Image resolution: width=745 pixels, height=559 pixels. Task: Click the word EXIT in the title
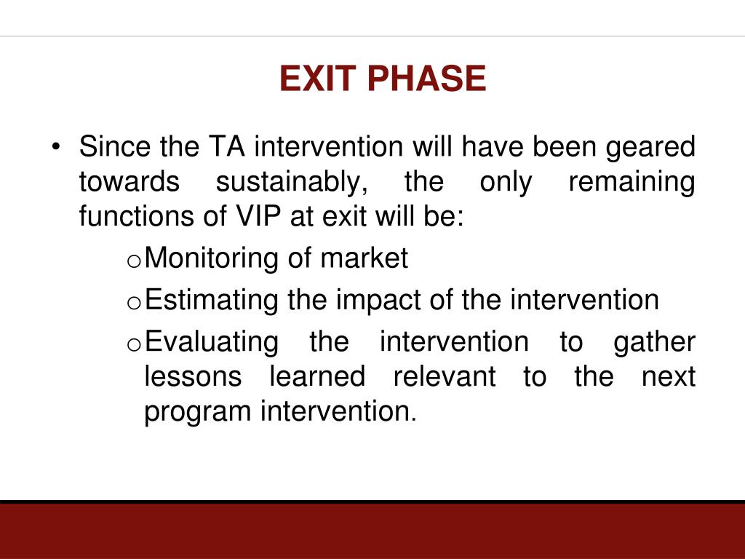pos(317,78)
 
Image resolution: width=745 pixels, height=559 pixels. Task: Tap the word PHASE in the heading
pos(426,78)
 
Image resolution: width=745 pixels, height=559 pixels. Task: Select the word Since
pos(115,146)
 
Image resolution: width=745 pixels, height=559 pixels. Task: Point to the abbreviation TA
pos(227,146)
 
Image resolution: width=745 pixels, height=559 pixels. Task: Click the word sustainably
pos(292,181)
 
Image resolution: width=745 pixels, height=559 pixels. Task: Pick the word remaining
pos(632,181)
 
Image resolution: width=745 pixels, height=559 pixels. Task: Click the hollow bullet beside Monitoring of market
pos(134,261)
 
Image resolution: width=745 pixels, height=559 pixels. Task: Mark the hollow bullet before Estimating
pos(134,303)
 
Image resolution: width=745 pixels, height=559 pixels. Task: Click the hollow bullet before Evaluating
pos(134,344)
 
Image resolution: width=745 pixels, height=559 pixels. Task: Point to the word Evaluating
pos(212,342)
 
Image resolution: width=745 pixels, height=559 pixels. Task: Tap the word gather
pos(654,342)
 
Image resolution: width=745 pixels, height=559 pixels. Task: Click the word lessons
pos(193,376)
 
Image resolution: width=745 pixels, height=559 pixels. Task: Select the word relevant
pos(445,376)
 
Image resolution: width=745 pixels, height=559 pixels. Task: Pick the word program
pos(198,412)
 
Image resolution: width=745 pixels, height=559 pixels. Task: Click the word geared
pos(650,146)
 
